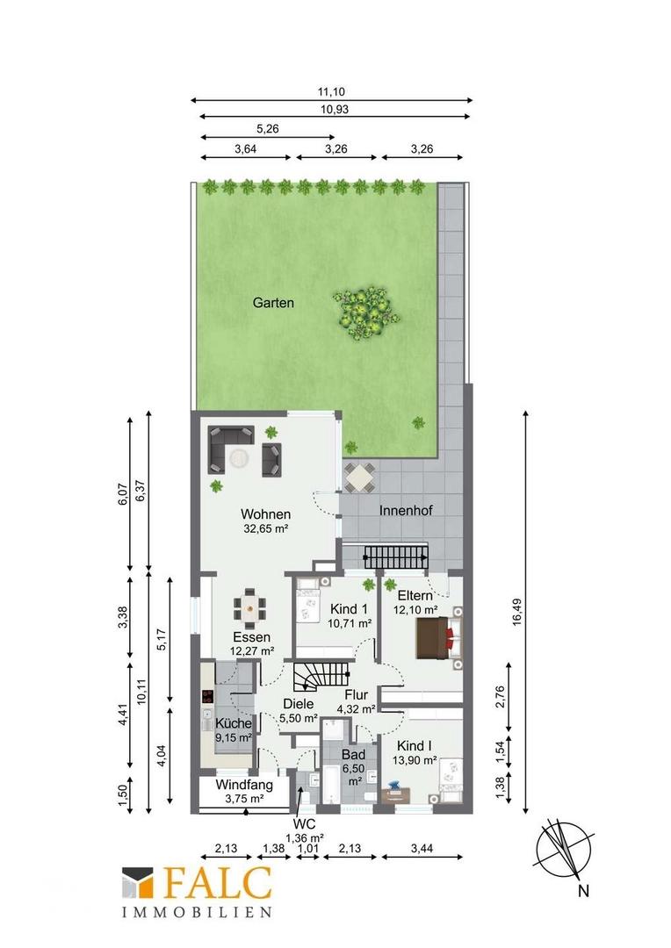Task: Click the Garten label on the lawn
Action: pyautogui.click(x=273, y=303)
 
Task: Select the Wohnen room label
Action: pyautogui.click(x=265, y=514)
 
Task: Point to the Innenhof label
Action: pyautogui.click(x=406, y=510)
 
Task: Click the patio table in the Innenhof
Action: pyautogui.click(x=359, y=478)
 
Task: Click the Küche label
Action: pyautogui.click(x=233, y=723)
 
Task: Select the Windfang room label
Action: pyautogui.click(x=244, y=786)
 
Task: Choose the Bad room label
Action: pyautogui.click(x=353, y=755)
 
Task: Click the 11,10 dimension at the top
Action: pyautogui.click(x=331, y=92)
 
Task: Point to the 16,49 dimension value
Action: pyautogui.click(x=516, y=612)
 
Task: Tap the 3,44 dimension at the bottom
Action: pyautogui.click(x=422, y=849)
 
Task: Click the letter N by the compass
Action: pyautogui.click(x=583, y=891)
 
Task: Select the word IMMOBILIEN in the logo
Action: pyautogui.click(x=198, y=912)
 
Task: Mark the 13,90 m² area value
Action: pyautogui.click(x=415, y=760)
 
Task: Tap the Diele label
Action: pyautogui.click(x=299, y=704)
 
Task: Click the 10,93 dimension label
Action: pyautogui.click(x=335, y=110)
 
